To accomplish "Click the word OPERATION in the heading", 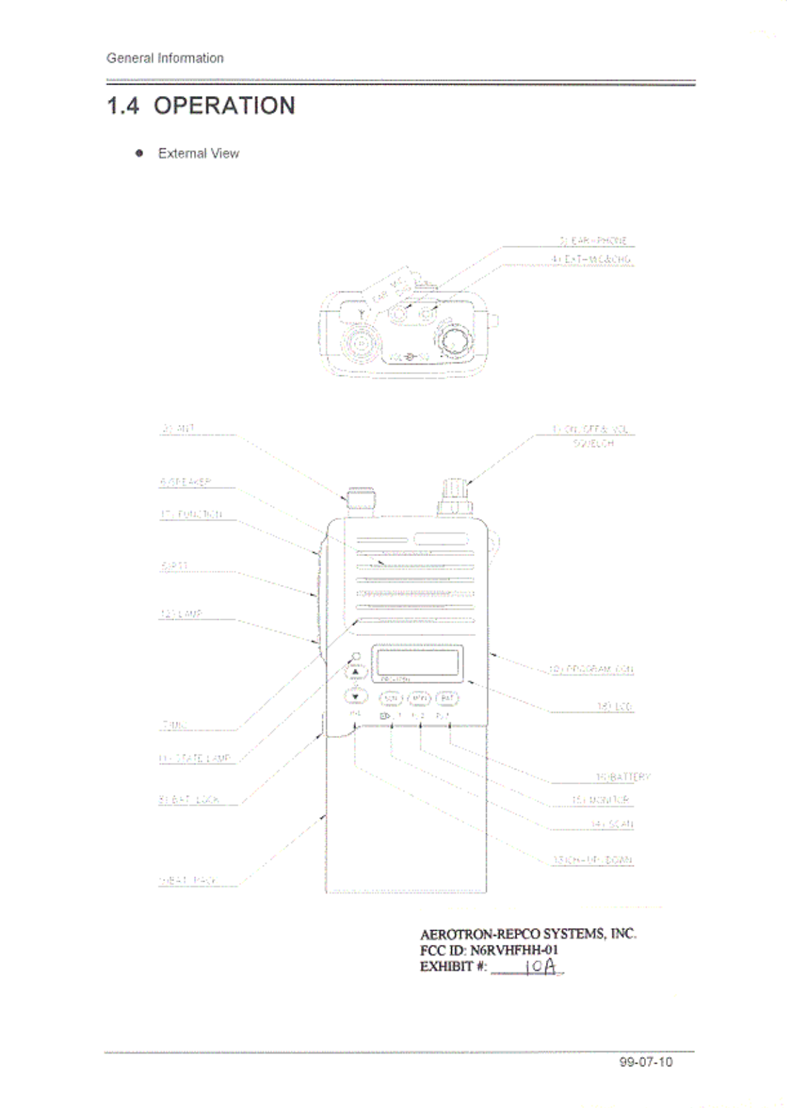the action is pos(224,106).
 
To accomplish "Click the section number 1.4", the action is pos(123,106).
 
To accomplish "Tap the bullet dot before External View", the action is pos(140,153).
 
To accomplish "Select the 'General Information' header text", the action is pos(165,58).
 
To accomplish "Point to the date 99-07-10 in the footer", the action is pos(646,1062).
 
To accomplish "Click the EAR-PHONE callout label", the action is pos(593,240).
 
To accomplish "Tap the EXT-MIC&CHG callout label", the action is pos(591,259).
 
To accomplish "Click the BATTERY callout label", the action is pos(623,777).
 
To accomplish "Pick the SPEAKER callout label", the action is pos(186,481).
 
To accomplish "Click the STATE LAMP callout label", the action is pos(195,758).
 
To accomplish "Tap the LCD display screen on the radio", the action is pos(418,662).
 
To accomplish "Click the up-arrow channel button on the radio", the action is pos(355,672).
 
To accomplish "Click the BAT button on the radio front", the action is pos(447,698).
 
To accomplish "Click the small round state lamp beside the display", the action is pos(357,656).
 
